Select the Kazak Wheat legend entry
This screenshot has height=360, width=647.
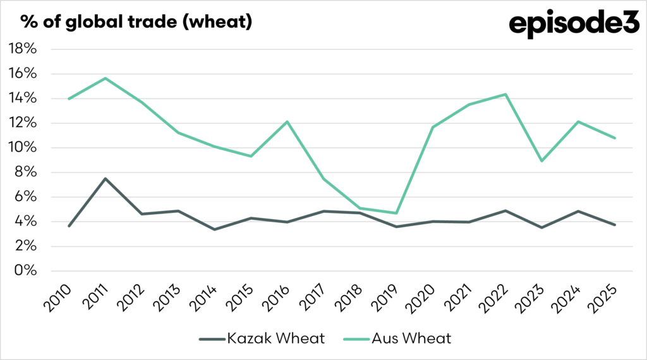262,339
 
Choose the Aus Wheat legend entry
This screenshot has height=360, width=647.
398,339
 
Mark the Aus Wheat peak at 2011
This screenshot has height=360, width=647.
106,78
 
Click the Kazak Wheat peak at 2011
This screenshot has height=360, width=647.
106,179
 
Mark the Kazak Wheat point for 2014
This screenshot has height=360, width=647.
215,229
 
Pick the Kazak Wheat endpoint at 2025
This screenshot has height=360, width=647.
614,225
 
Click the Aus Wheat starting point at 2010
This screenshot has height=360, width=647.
69,99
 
